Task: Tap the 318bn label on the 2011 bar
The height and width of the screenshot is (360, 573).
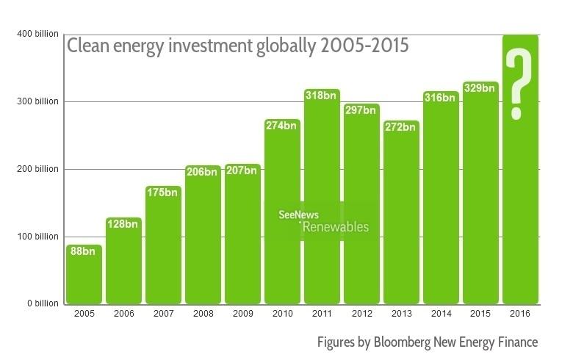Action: (322, 95)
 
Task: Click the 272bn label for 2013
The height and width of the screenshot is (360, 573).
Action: (401, 126)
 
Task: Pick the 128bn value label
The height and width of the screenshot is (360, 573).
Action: (123, 223)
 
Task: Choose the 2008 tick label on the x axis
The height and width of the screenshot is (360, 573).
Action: (203, 314)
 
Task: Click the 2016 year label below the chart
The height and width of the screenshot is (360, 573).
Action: (520, 314)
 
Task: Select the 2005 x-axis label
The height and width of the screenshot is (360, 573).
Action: (84, 314)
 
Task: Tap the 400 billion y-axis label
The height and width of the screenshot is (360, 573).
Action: (34, 34)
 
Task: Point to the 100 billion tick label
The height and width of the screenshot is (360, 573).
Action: (34, 237)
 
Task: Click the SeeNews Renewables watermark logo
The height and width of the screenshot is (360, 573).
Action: (323, 221)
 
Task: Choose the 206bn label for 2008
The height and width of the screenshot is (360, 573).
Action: (203, 172)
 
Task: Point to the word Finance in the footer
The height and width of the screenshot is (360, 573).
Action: (517, 342)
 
